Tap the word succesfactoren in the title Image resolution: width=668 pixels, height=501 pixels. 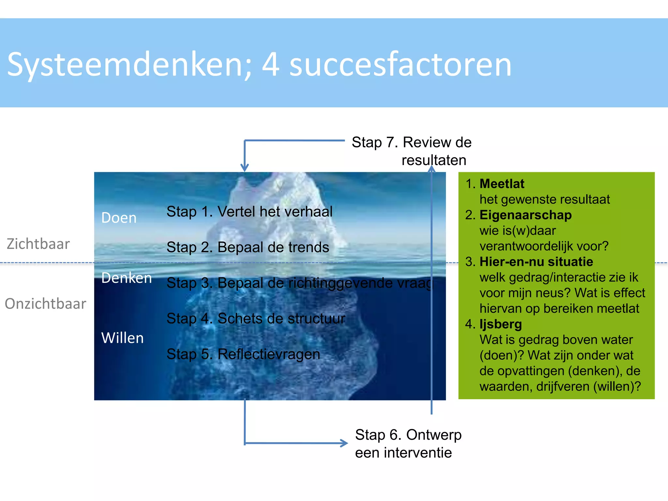(x=400, y=65)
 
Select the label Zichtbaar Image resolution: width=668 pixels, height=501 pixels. (x=38, y=244)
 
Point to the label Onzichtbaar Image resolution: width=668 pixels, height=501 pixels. (x=45, y=304)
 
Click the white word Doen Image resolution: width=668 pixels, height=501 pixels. (x=119, y=218)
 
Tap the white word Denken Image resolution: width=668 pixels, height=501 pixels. (x=127, y=278)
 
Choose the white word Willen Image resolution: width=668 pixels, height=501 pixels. (x=122, y=338)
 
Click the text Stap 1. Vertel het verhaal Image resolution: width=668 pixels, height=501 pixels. (x=249, y=211)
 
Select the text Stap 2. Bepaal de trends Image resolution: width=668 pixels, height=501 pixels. (x=248, y=247)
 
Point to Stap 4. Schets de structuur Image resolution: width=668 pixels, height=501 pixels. (x=255, y=318)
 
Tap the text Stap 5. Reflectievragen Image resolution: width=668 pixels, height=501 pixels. (x=243, y=354)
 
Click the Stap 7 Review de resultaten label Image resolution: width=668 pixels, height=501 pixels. (x=412, y=151)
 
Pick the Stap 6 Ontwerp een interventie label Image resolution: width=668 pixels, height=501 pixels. (x=408, y=444)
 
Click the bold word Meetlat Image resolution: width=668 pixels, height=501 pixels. (x=502, y=184)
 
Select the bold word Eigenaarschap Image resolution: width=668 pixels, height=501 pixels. (x=525, y=215)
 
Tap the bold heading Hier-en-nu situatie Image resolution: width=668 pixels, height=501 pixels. (x=536, y=262)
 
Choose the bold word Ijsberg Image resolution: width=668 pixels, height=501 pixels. (x=500, y=324)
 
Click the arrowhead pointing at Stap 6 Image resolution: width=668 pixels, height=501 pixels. (x=344, y=443)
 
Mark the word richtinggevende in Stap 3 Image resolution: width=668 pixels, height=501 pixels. (x=340, y=283)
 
